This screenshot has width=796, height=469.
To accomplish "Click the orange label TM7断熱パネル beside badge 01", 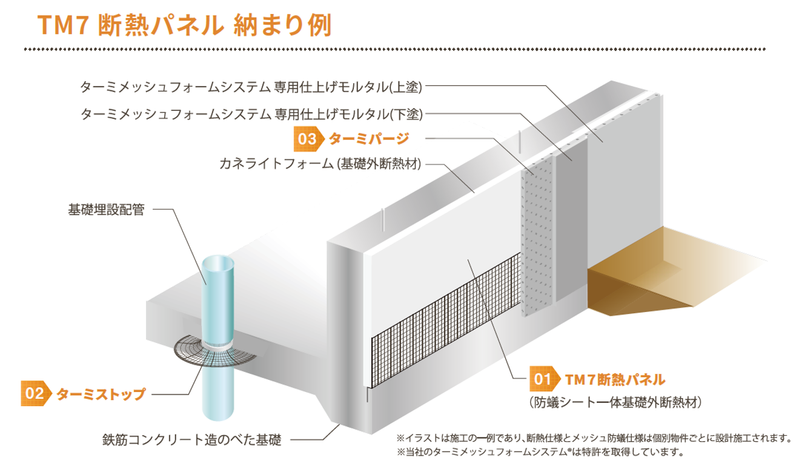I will [x=614, y=380].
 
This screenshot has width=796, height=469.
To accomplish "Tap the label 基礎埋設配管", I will [x=106, y=211].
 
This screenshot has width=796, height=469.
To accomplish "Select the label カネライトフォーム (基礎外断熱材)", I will [x=320, y=164].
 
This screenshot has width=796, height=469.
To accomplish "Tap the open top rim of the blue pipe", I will [x=218, y=265].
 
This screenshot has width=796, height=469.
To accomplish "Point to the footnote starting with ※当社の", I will [x=540, y=452].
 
